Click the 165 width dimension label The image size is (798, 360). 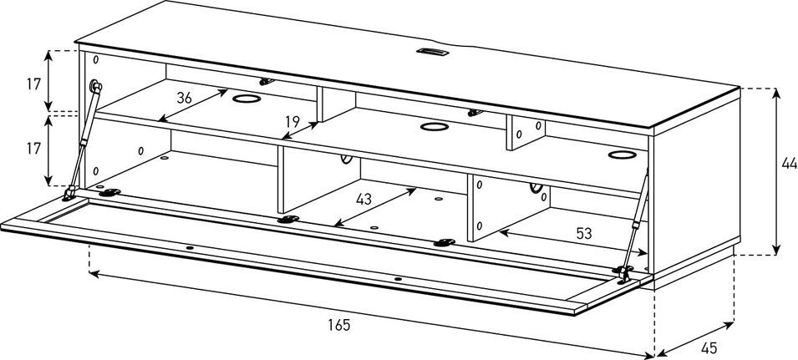[x=339, y=325]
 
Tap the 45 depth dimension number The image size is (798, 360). [x=709, y=347]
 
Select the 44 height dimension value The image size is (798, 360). [x=790, y=163]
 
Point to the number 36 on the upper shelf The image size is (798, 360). [x=184, y=98]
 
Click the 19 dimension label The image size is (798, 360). [x=292, y=122]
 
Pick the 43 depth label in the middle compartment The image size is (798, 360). [x=363, y=200]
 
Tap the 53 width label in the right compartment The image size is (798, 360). [x=584, y=233]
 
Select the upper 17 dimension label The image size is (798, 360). [x=33, y=84]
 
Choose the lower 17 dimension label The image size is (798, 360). [x=33, y=149]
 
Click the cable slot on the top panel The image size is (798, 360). [x=431, y=51]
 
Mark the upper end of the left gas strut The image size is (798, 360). [x=94, y=85]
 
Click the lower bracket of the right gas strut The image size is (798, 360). [x=623, y=274]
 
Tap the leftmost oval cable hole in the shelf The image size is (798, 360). [x=247, y=98]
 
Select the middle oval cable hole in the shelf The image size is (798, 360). [x=435, y=127]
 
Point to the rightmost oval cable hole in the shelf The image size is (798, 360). [x=622, y=155]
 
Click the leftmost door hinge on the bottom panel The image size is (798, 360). [x=109, y=193]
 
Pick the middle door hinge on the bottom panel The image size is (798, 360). [x=288, y=220]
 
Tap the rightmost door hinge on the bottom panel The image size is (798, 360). [x=445, y=242]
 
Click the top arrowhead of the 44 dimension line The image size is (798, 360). [x=776, y=93]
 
